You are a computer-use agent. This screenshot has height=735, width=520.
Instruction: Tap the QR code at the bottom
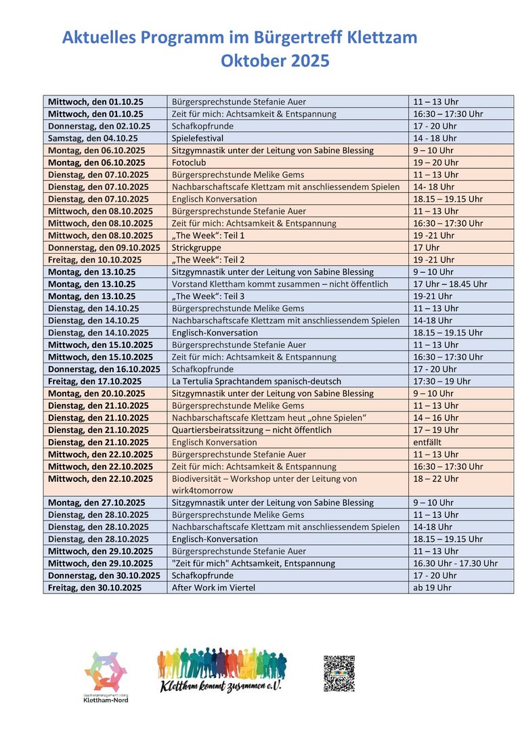[339, 673]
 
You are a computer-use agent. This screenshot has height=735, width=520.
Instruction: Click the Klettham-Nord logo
[105, 676]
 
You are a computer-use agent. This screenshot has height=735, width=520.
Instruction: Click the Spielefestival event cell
[202, 138]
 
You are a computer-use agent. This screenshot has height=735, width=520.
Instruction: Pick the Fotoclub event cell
[189, 162]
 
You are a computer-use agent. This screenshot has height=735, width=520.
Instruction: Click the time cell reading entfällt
[427, 442]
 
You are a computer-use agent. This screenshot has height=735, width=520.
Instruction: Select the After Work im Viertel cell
[213, 587]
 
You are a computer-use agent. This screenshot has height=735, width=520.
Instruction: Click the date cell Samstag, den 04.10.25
[93, 138]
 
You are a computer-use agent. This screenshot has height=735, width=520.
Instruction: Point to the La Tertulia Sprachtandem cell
[257, 381]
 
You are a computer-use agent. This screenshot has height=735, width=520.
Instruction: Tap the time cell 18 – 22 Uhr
[435, 478]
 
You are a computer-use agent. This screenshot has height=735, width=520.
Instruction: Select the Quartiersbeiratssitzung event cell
[252, 430]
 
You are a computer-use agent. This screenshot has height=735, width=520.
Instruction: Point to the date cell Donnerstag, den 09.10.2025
[104, 248]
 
